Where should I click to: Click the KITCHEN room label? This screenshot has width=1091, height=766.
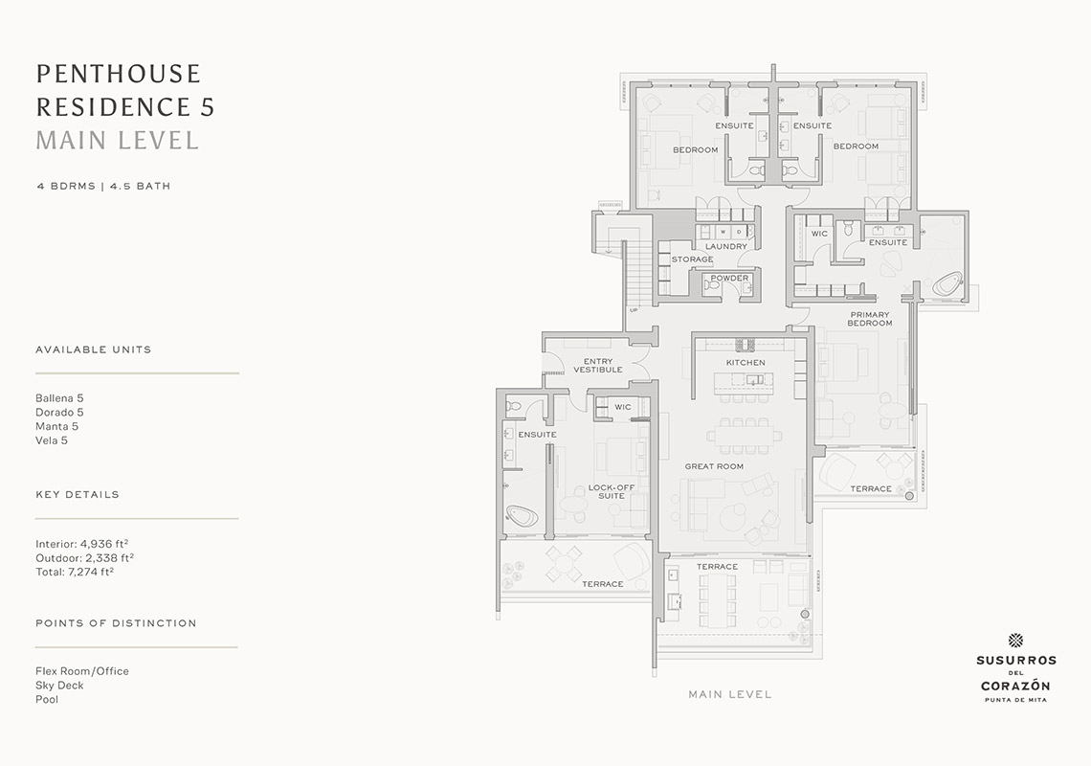pyautogui.click(x=746, y=363)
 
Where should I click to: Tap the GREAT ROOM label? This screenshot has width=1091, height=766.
pyautogui.click(x=714, y=466)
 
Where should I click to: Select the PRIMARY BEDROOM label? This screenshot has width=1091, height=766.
pyautogui.click(x=870, y=319)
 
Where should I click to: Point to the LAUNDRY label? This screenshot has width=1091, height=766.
pyautogui.click(x=725, y=246)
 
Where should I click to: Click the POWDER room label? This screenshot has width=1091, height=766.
pyautogui.click(x=729, y=278)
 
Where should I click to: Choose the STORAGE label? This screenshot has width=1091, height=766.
pyautogui.click(x=692, y=259)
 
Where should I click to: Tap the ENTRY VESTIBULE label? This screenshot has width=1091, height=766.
pyautogui.click(x=598, y=366)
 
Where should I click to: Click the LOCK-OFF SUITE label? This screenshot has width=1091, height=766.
pyautogui.click(x=612, y=491)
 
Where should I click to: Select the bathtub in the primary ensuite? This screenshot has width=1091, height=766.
pyautogui.click(x=946, y=285)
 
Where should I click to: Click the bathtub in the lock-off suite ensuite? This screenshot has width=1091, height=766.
pyautogui.click(x=522, y=516)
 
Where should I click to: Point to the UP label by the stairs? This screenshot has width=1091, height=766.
pyautogui.click(x=634, y=310)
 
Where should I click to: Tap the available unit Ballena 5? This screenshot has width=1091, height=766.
pyautogui.click(x=59, y=398)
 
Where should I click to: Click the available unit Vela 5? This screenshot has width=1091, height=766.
pyautogui.click(x=52, y=440)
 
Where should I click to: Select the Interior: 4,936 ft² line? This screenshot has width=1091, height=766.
pyautogui.click(x=82, y=544)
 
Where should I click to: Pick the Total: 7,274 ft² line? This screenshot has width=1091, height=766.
pyautogui.click(x=75, y=572)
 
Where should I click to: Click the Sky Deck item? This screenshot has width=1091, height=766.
pyautogui.click(x=59, y=686)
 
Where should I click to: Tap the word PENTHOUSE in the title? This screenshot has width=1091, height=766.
pyautogui.click(x=119, y=74)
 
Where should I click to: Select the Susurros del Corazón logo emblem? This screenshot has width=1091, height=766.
pyautogui.click(x=1015, y=641)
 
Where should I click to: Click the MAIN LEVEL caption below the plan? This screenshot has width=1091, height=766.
pyautogui.click(x=730, y=694)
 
